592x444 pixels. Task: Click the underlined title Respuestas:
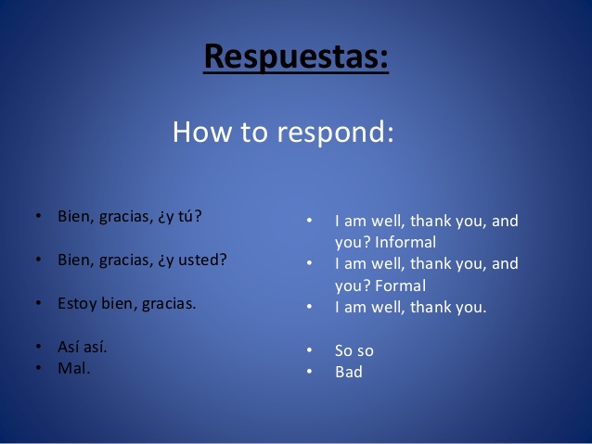tap(296, 57)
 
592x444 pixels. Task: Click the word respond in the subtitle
tap(335, 133)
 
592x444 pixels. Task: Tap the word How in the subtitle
tap(202, 132)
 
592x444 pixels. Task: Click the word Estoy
tap(77, 304)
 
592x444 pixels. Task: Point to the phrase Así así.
tap(83, 347)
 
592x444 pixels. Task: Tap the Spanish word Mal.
tap(74, 368)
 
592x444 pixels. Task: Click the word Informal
tap(405, 242)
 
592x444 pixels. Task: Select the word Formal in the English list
tap(401, 285)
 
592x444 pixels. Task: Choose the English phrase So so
tap(354, 350)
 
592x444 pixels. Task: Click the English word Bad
tap(349, 372)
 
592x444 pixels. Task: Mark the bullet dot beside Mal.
tap(39, 367)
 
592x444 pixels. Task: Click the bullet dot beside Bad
tap(310, 371)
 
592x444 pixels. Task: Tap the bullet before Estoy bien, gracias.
tap(39, 302)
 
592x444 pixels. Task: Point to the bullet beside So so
tap(310, 350)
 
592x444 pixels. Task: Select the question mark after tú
tap(198, 216)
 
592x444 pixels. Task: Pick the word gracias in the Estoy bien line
tap(169, 304)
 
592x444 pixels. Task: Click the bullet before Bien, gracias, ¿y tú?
tap(39, 215)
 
